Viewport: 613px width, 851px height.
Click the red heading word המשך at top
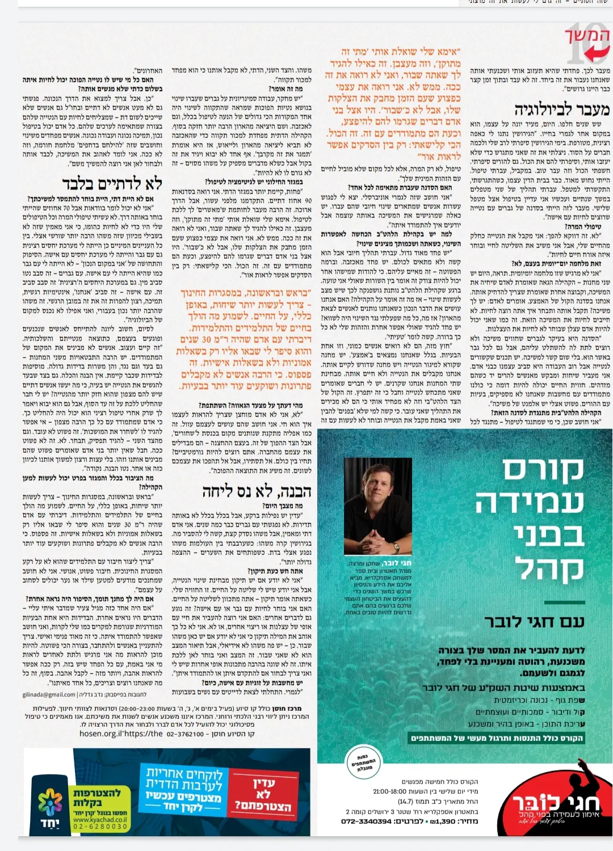[587, 35]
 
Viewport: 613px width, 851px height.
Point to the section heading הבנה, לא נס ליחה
[257, 492]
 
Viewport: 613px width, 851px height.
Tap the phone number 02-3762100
[185, 734]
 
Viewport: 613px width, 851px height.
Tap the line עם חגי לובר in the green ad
[534, 621]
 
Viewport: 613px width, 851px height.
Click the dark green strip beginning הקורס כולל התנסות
[497, 738]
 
